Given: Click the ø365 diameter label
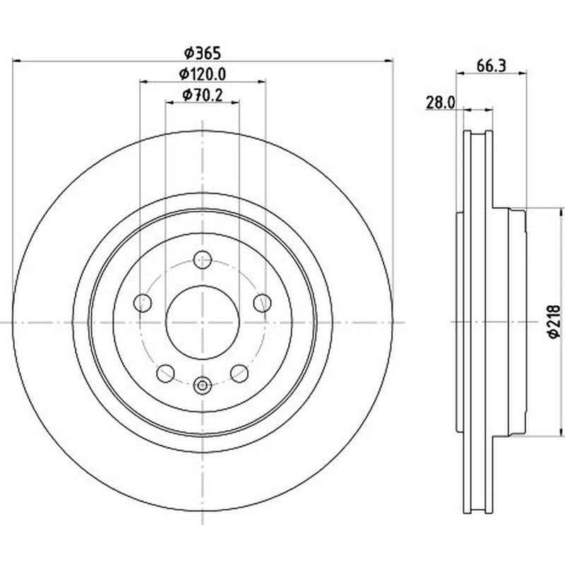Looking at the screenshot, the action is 202,53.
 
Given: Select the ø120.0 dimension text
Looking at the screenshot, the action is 203,74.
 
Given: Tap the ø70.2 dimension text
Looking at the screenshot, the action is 203,95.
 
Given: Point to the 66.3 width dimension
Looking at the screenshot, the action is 492,66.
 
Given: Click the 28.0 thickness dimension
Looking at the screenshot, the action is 441,102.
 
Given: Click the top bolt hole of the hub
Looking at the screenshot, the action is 203,259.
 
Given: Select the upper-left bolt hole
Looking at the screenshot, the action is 143,303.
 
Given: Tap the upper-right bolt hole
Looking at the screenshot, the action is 262,303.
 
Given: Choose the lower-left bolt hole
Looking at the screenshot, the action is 166,374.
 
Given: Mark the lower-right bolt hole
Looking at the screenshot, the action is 239,374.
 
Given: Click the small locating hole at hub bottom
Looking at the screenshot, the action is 203,386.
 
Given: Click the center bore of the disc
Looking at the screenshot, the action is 203,323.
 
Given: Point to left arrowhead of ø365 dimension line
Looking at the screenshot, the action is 16,61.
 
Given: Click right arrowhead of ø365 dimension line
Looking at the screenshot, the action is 388,61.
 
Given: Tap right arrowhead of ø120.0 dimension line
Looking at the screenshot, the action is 261,82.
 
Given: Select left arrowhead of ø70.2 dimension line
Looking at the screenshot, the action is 170,103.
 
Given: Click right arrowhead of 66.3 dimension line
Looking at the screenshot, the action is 523,73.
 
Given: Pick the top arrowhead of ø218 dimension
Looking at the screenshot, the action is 561,213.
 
